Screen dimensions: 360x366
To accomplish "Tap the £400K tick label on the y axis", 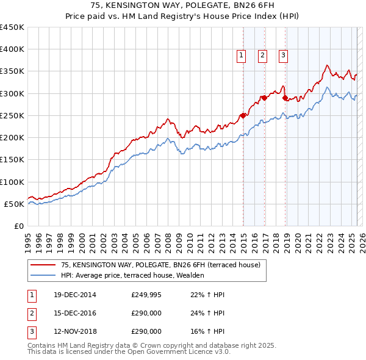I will point(12,49).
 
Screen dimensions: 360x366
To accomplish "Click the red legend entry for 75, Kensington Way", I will point(160,265).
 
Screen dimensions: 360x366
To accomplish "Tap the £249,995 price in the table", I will point(146,295).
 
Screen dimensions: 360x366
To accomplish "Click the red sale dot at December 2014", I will point(243,115).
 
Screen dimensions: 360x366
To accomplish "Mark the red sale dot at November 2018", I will point(285,98).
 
